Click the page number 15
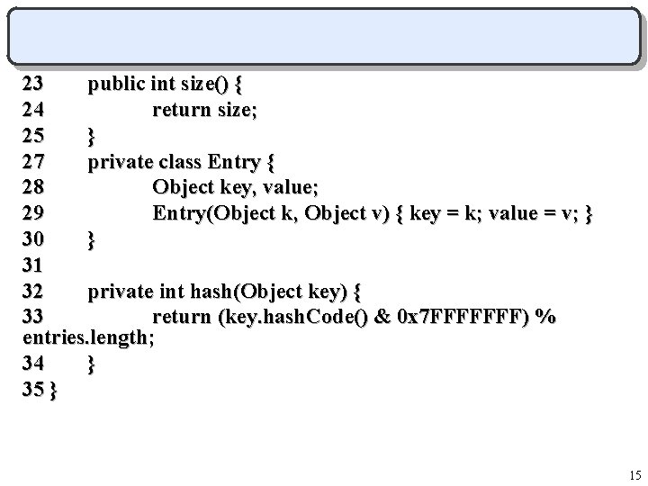tap(634, 474)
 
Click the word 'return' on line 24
tap(185, 111)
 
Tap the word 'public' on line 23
tap(116, 85)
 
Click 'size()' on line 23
tap(202, 85)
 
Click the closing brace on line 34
tap(91, 364)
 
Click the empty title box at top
tap(324, 36)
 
